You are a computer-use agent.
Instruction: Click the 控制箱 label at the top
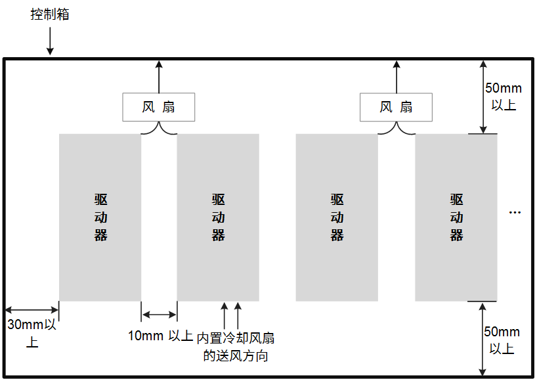tap(49, 14)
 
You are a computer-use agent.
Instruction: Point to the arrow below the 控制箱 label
tap(51, 42)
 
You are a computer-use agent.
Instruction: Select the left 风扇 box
tap(159, 106)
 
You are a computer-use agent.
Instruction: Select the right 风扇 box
tap(396, 106)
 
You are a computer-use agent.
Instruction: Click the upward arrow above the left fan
tap(159, 76)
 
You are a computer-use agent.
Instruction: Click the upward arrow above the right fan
tap(396, 76)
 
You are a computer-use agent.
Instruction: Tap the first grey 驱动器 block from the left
tap(100, 217)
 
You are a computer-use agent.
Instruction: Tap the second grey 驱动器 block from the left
tap(218, 217)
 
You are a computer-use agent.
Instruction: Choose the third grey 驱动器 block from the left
tap(337, 217)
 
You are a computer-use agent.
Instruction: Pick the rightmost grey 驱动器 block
tap(456, 217)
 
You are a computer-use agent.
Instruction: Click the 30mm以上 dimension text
tap(32, 332)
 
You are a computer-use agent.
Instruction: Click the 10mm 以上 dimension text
tap(160, 336)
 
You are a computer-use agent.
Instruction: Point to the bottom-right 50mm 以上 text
tap(502, 340)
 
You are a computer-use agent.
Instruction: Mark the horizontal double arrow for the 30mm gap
tap(32, 309)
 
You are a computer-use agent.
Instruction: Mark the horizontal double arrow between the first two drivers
tap(159, 314)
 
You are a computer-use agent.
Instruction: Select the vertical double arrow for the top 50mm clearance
tap(483, 97)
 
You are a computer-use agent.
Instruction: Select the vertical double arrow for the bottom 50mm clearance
tap(483, 339)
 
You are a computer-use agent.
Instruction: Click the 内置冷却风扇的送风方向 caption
tap(236, 347)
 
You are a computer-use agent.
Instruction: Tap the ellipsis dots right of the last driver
tap(515, 212)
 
